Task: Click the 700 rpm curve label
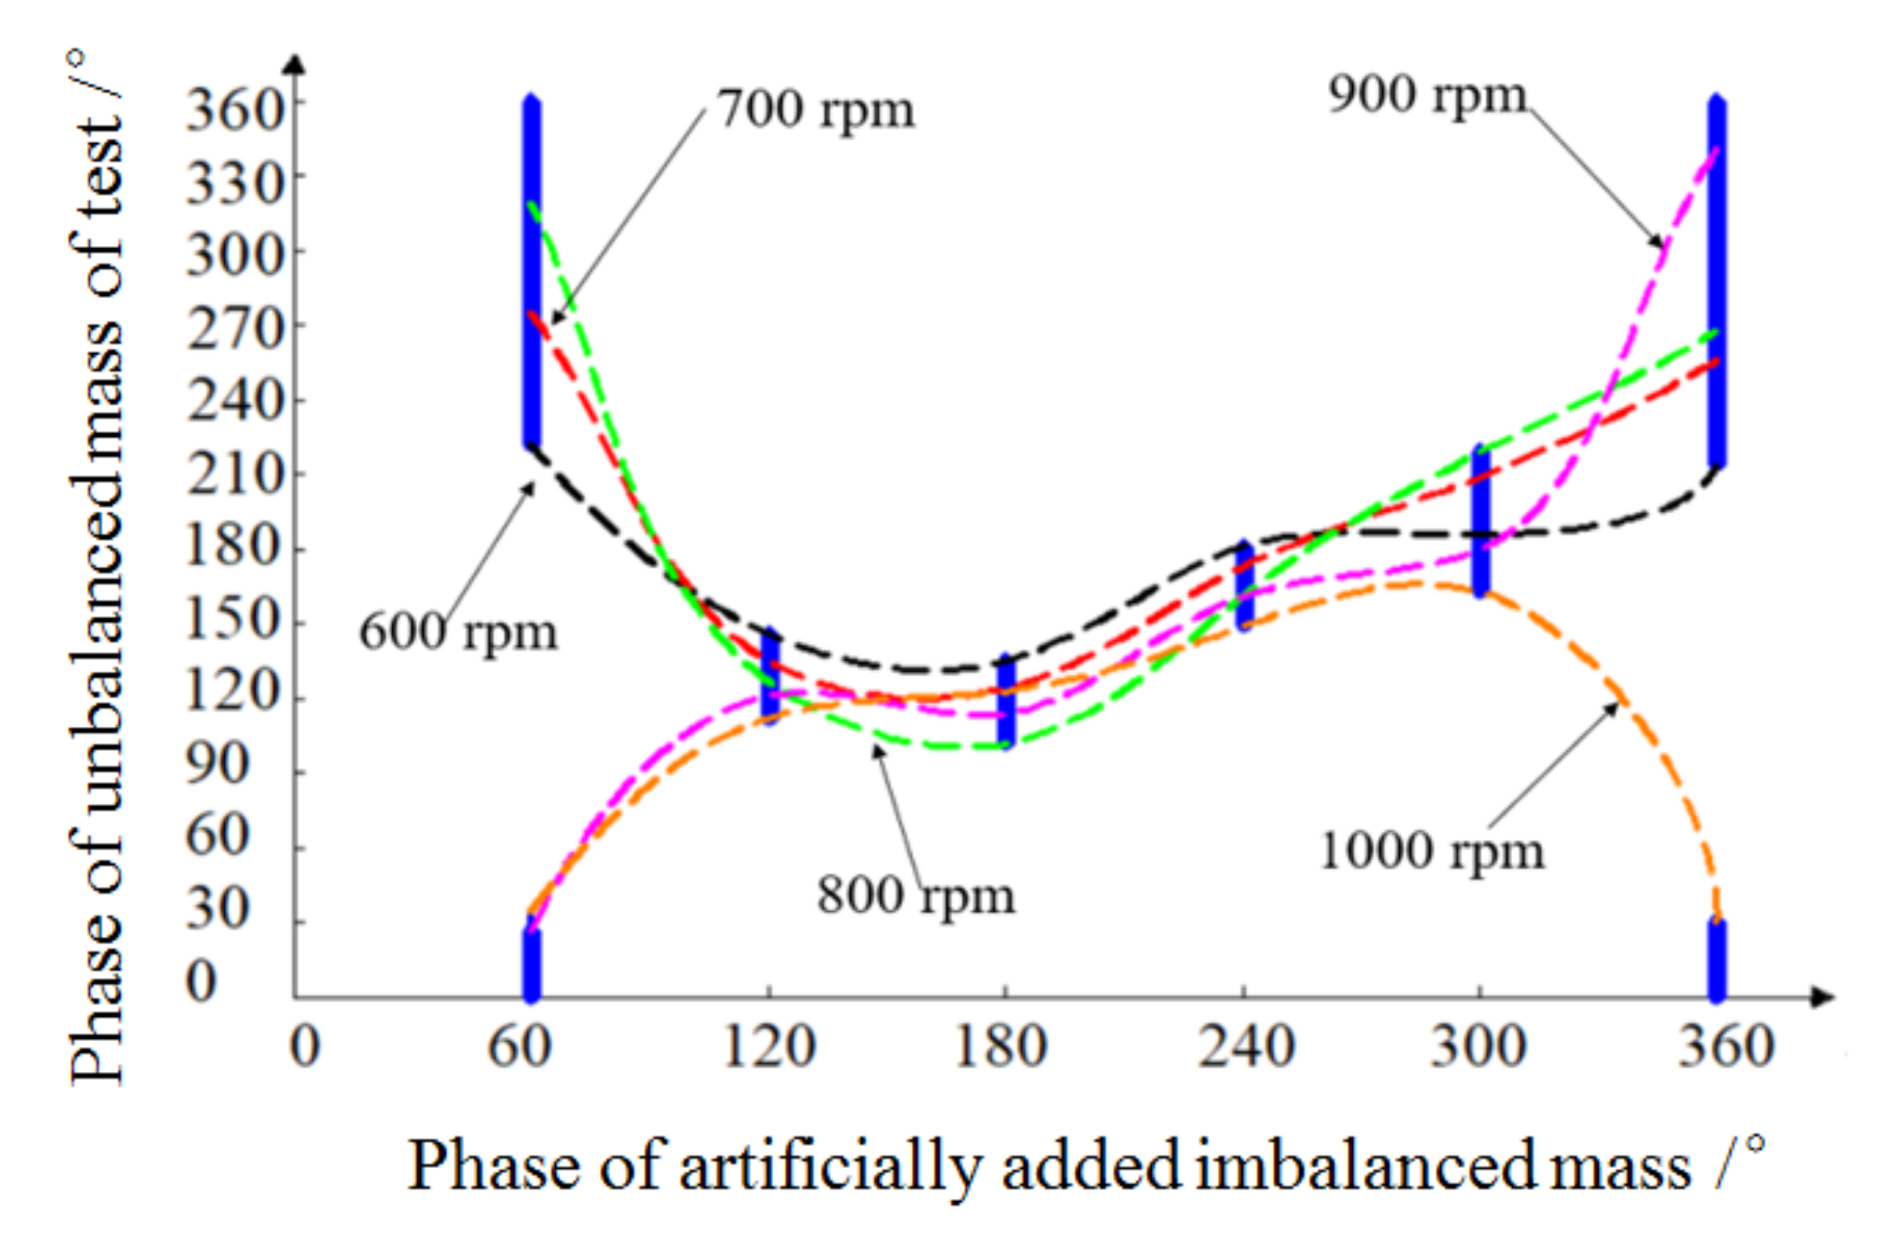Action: (x=815, y=110)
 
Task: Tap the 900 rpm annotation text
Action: (x=1426, y=94)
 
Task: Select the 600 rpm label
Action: (x=457, y=633)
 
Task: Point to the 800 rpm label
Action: (x=915, y=895)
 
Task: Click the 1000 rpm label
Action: (x=1431, y=850)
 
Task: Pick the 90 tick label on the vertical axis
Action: (x=216, y=764)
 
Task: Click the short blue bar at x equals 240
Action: (x=1245, y=585)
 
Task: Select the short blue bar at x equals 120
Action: (x=770, y=676)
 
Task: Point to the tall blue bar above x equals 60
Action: (x=531, y=271)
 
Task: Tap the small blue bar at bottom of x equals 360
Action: (x=1717, y=959)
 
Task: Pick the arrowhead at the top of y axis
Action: (x=295, y=64)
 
